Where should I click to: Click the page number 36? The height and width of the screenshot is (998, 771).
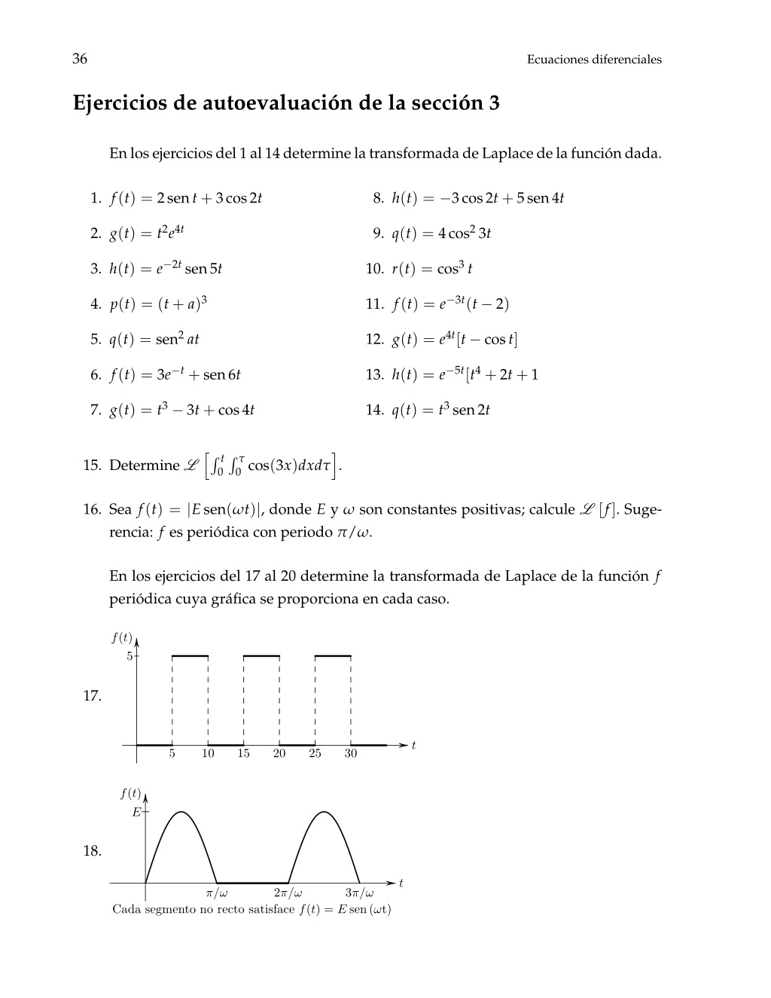(x=80, y=59)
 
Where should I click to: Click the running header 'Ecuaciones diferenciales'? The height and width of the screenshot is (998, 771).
(x=594, y=60)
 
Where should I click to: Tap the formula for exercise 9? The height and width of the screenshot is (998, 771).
(x=441, y=233)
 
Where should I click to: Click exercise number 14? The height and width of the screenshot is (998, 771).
(x=374, y=410)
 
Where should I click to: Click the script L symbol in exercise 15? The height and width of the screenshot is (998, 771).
(x=192, y=465)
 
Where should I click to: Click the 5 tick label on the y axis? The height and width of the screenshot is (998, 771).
(x=130, y=656)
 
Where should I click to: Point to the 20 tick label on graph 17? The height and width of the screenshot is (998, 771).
(x=279, y=754)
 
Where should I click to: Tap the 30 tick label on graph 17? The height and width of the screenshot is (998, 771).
(x=351, y=754)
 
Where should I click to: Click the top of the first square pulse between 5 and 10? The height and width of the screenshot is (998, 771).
(x=190, y=656)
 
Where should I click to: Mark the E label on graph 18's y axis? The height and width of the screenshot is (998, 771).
(x=136, y=812)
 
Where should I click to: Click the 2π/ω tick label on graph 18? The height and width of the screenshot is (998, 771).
(x=288, y=894)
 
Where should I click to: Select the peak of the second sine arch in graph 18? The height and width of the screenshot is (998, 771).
(x=324, y=812)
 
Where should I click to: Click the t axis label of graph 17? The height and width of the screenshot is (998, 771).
(x=413, y=746)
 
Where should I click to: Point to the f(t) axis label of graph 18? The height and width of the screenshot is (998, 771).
(x=130, y=793)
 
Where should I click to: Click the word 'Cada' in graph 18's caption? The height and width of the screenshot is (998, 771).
(x=126, y=909)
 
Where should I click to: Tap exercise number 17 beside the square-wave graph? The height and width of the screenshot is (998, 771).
(x=92, y=696)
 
